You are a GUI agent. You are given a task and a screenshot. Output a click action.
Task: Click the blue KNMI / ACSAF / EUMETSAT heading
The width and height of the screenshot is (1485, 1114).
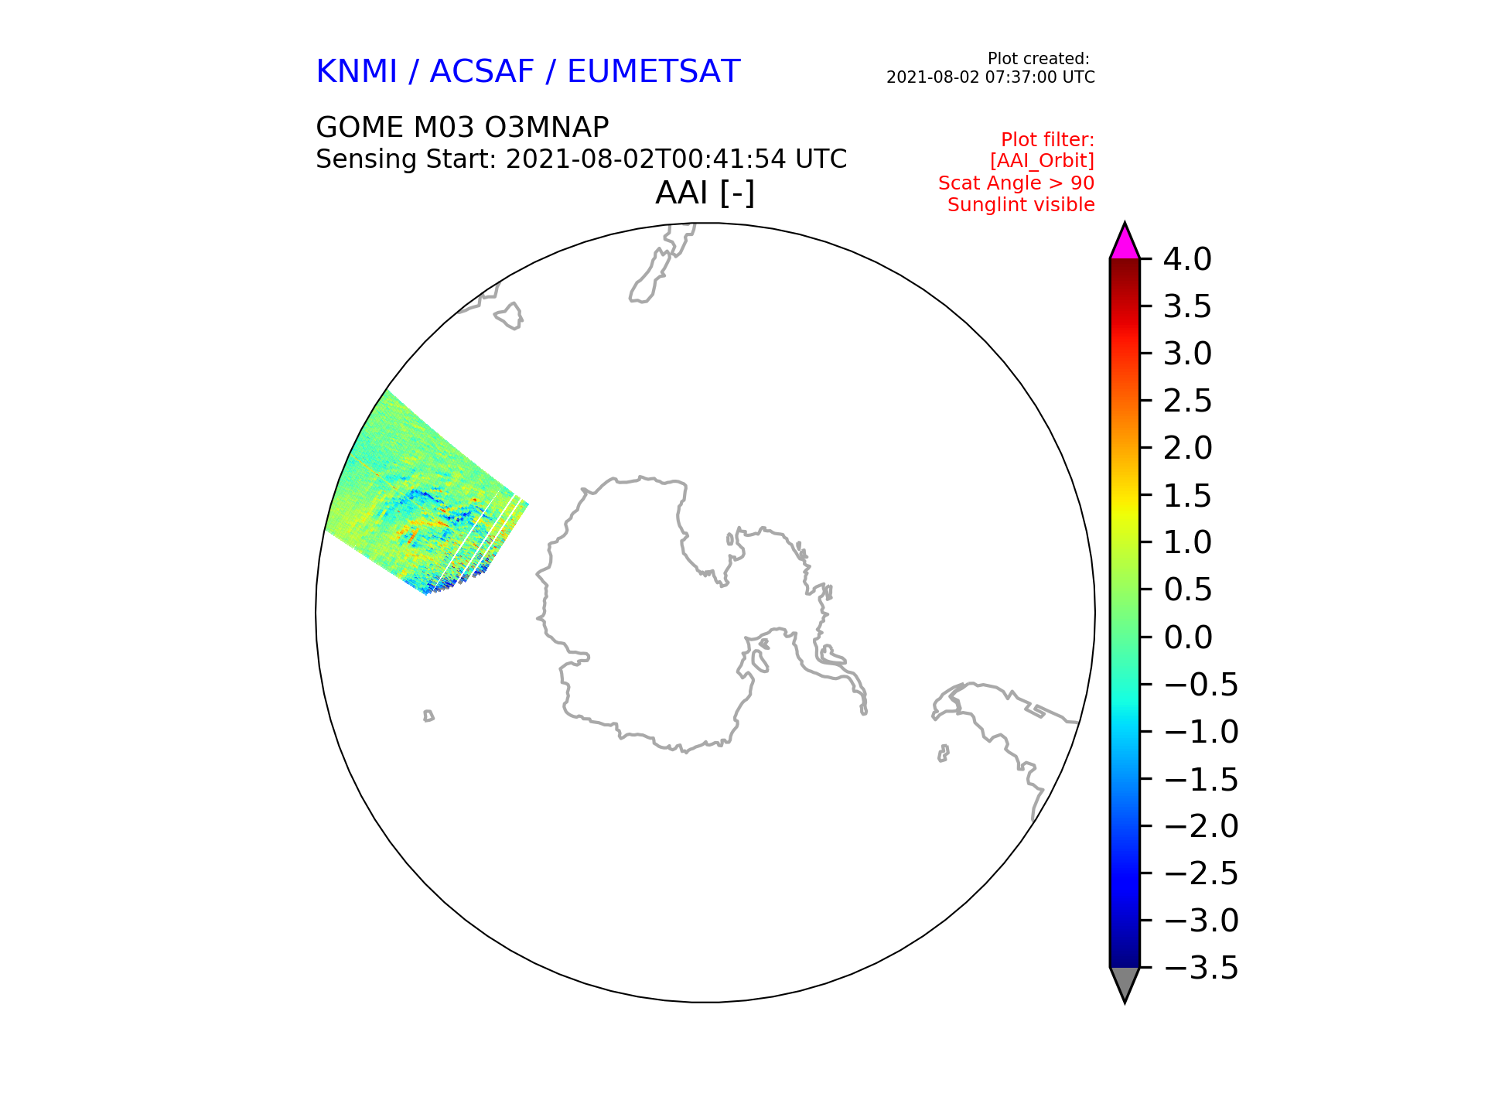[x=528, y=71]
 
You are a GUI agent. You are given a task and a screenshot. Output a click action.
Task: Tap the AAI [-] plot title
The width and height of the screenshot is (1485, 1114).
[x=705, y=193]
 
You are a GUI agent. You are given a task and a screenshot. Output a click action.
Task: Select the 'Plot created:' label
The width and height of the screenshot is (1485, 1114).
[x=1039, y=59]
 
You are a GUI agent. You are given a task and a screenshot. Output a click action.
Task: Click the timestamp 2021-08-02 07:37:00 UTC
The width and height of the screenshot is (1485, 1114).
[x=991, y=77]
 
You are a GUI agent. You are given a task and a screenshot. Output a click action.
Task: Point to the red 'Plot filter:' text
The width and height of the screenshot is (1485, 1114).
[x=1048, y=140]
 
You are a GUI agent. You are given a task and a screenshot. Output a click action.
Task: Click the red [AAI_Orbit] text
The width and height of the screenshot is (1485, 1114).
[x=1043, y=161]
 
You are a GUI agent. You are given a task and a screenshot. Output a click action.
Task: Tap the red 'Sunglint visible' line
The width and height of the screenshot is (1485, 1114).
[x=1022, y=205]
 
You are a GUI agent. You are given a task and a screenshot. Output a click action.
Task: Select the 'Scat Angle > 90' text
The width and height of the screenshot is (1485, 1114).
[x=1017, y=183]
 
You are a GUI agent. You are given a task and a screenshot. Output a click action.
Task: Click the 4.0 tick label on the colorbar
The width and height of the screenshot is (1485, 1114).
[x=1188, y=259]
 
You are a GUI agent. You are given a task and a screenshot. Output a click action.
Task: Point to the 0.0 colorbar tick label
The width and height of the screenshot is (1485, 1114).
[x=1188, y=637]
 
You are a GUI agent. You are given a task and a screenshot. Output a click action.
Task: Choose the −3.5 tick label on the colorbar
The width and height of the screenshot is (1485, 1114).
[x=1201, y=968]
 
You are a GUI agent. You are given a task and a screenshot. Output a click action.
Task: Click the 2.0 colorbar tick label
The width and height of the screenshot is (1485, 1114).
[x=1188, y=448]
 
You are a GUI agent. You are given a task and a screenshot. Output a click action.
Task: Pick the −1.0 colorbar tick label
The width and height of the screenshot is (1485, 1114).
[x=1201, y=732]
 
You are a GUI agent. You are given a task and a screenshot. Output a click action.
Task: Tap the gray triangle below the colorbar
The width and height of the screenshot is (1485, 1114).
[x=1125, y=982]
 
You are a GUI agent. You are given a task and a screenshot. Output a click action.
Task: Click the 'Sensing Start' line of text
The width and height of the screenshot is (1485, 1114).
[x=582, y=159]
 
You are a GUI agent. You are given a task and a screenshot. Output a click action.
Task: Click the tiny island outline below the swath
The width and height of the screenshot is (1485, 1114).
[x=428, y=716]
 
